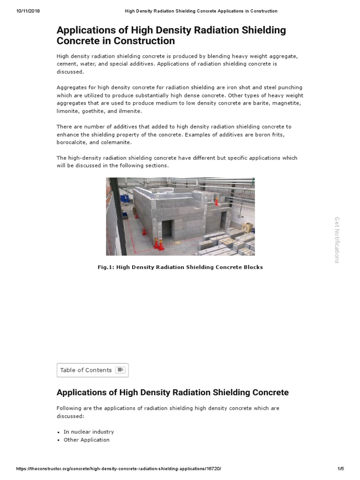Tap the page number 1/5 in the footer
pos(340,469)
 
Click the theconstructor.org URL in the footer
pos(119,469)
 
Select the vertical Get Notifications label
pos(337,240)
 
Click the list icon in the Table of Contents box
pos(120,370)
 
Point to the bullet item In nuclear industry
pos(89,432)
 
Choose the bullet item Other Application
pos(86,440)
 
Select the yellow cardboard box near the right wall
pos(247,228)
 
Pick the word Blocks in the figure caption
pos(252,267)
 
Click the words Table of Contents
pos(86,370)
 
